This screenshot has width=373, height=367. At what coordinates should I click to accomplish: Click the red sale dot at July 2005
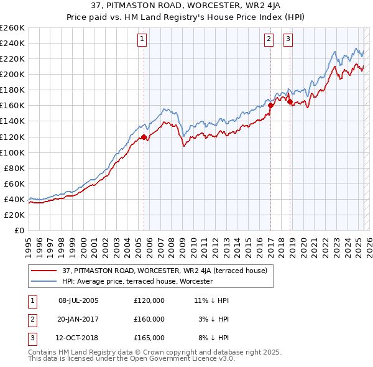point(144,137)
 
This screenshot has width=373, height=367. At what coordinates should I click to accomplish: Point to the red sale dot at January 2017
point(270,106)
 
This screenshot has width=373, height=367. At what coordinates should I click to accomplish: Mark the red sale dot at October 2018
point(290,101)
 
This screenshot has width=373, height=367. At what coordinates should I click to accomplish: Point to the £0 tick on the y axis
point(19,230)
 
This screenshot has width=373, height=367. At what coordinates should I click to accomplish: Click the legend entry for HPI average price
point(137,281)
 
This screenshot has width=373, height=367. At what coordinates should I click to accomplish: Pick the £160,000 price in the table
point(149,319)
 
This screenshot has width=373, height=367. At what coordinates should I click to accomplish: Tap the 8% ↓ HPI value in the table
point(213,338)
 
